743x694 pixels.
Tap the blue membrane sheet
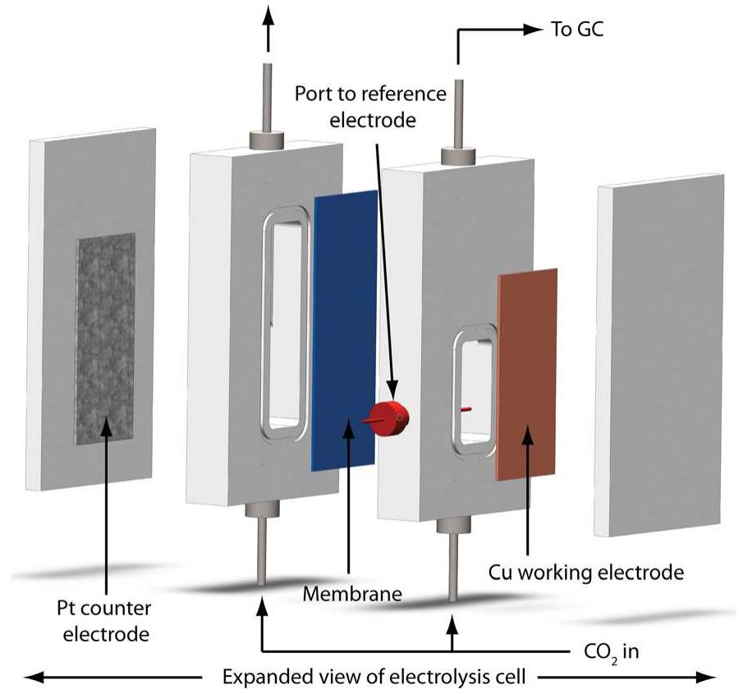(x=344, y=328)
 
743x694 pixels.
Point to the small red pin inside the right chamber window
(x=466, y=407)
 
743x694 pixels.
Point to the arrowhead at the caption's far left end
(x=33, y=677)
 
